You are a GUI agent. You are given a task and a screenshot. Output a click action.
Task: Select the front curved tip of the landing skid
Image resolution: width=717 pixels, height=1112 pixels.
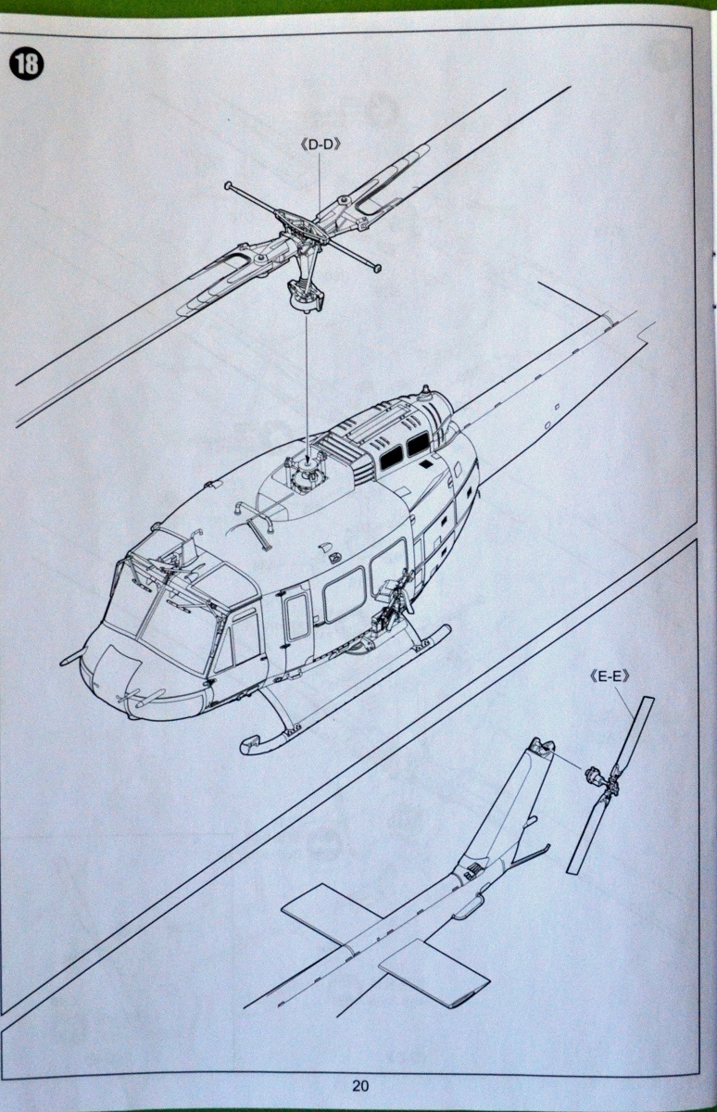(248, 744)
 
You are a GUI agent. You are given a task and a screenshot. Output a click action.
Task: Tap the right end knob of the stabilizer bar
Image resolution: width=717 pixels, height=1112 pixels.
(377, 270)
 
